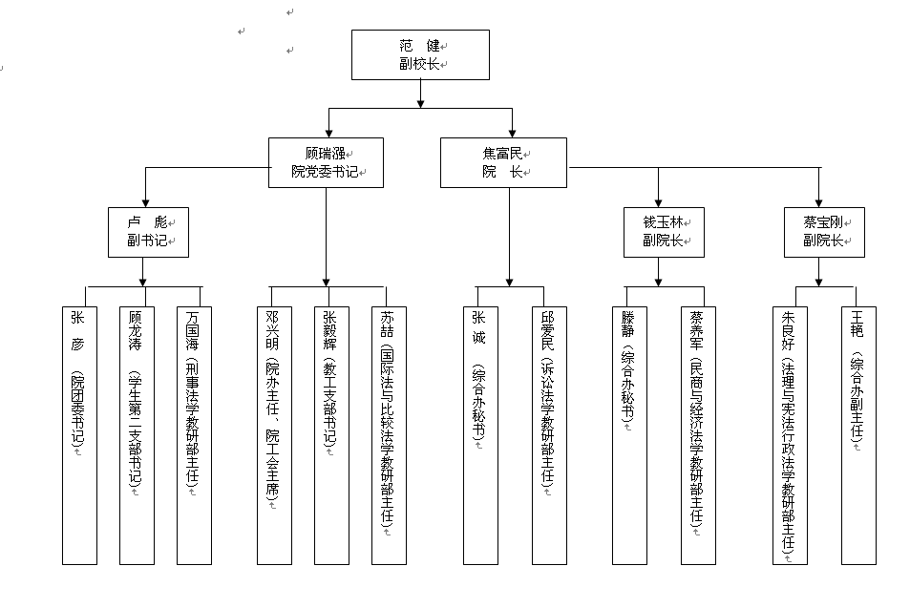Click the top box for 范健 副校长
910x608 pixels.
pos(420,54)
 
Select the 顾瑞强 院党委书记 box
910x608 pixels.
pos(326,162)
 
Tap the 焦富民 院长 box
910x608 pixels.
pos(504,162)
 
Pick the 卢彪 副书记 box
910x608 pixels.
pos(148,232)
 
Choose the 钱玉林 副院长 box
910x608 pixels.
pos(664,232)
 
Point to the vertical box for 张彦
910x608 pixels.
pos(79,434)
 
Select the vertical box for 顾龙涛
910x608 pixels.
pos(136,434)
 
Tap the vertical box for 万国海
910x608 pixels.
pos(194,434)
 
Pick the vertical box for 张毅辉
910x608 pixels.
pos(330,434)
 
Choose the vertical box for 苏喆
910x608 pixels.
pos(388,434)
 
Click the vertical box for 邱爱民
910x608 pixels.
pos(549,434)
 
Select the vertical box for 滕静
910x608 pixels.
pos(629,434)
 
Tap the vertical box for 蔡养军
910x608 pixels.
pos(698,434)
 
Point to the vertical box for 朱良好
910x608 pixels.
pos(789,434)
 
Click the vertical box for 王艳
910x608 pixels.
pos(858,434)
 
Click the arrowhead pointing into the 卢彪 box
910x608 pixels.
pos(145,201)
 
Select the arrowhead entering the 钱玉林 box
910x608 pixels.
pos(658,201)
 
